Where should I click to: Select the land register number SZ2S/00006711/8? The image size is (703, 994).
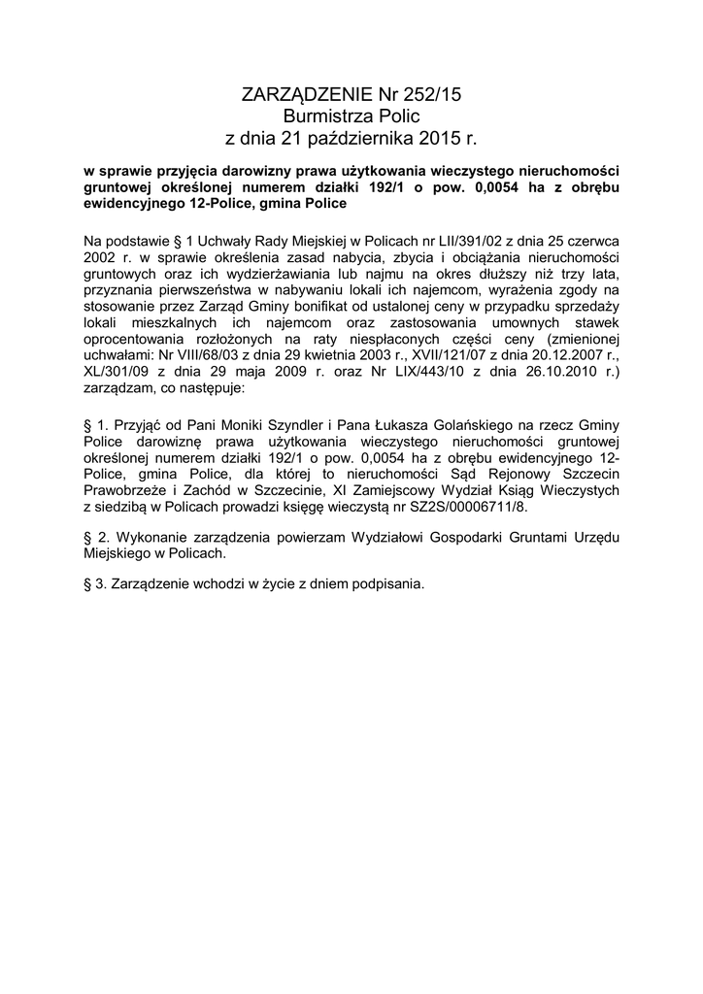coord(464,507)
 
